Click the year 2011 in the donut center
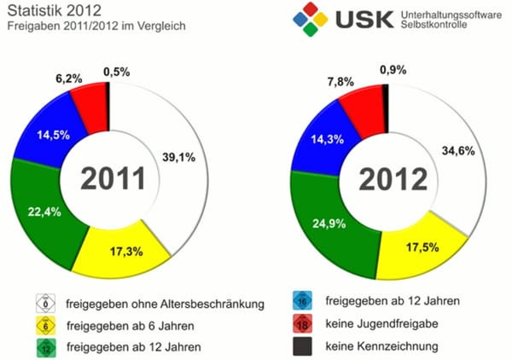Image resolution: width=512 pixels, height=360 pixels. (117, 179)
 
